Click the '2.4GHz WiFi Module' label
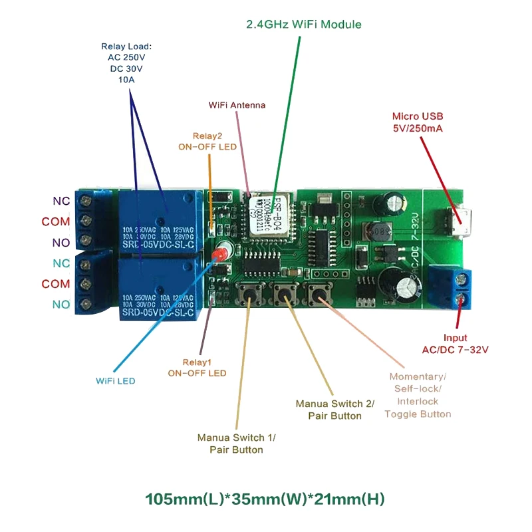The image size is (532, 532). click(x=304, y=25)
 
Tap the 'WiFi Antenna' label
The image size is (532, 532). click(x=237, y=105)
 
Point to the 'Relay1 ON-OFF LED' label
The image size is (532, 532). click(x=197, y=368)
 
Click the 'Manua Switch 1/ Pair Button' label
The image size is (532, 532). click(x=236, y=444)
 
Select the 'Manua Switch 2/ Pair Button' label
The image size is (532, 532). click(x=335, y=410)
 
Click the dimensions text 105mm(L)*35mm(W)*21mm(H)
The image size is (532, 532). click(x=265, y=498)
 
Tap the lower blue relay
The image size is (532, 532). click(x=158, y=289)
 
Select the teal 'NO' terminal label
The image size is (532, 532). click(x=60, y=305)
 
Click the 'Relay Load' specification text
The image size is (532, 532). click(x=126, y=63)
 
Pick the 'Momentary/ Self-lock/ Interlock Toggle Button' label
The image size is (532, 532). click(x=418, y=395)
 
